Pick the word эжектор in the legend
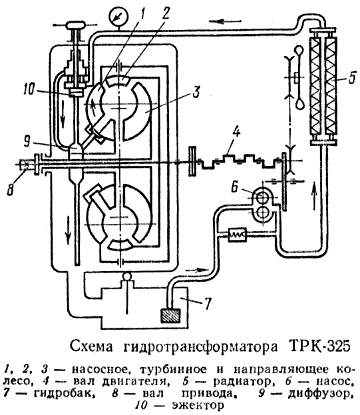point(197,403)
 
